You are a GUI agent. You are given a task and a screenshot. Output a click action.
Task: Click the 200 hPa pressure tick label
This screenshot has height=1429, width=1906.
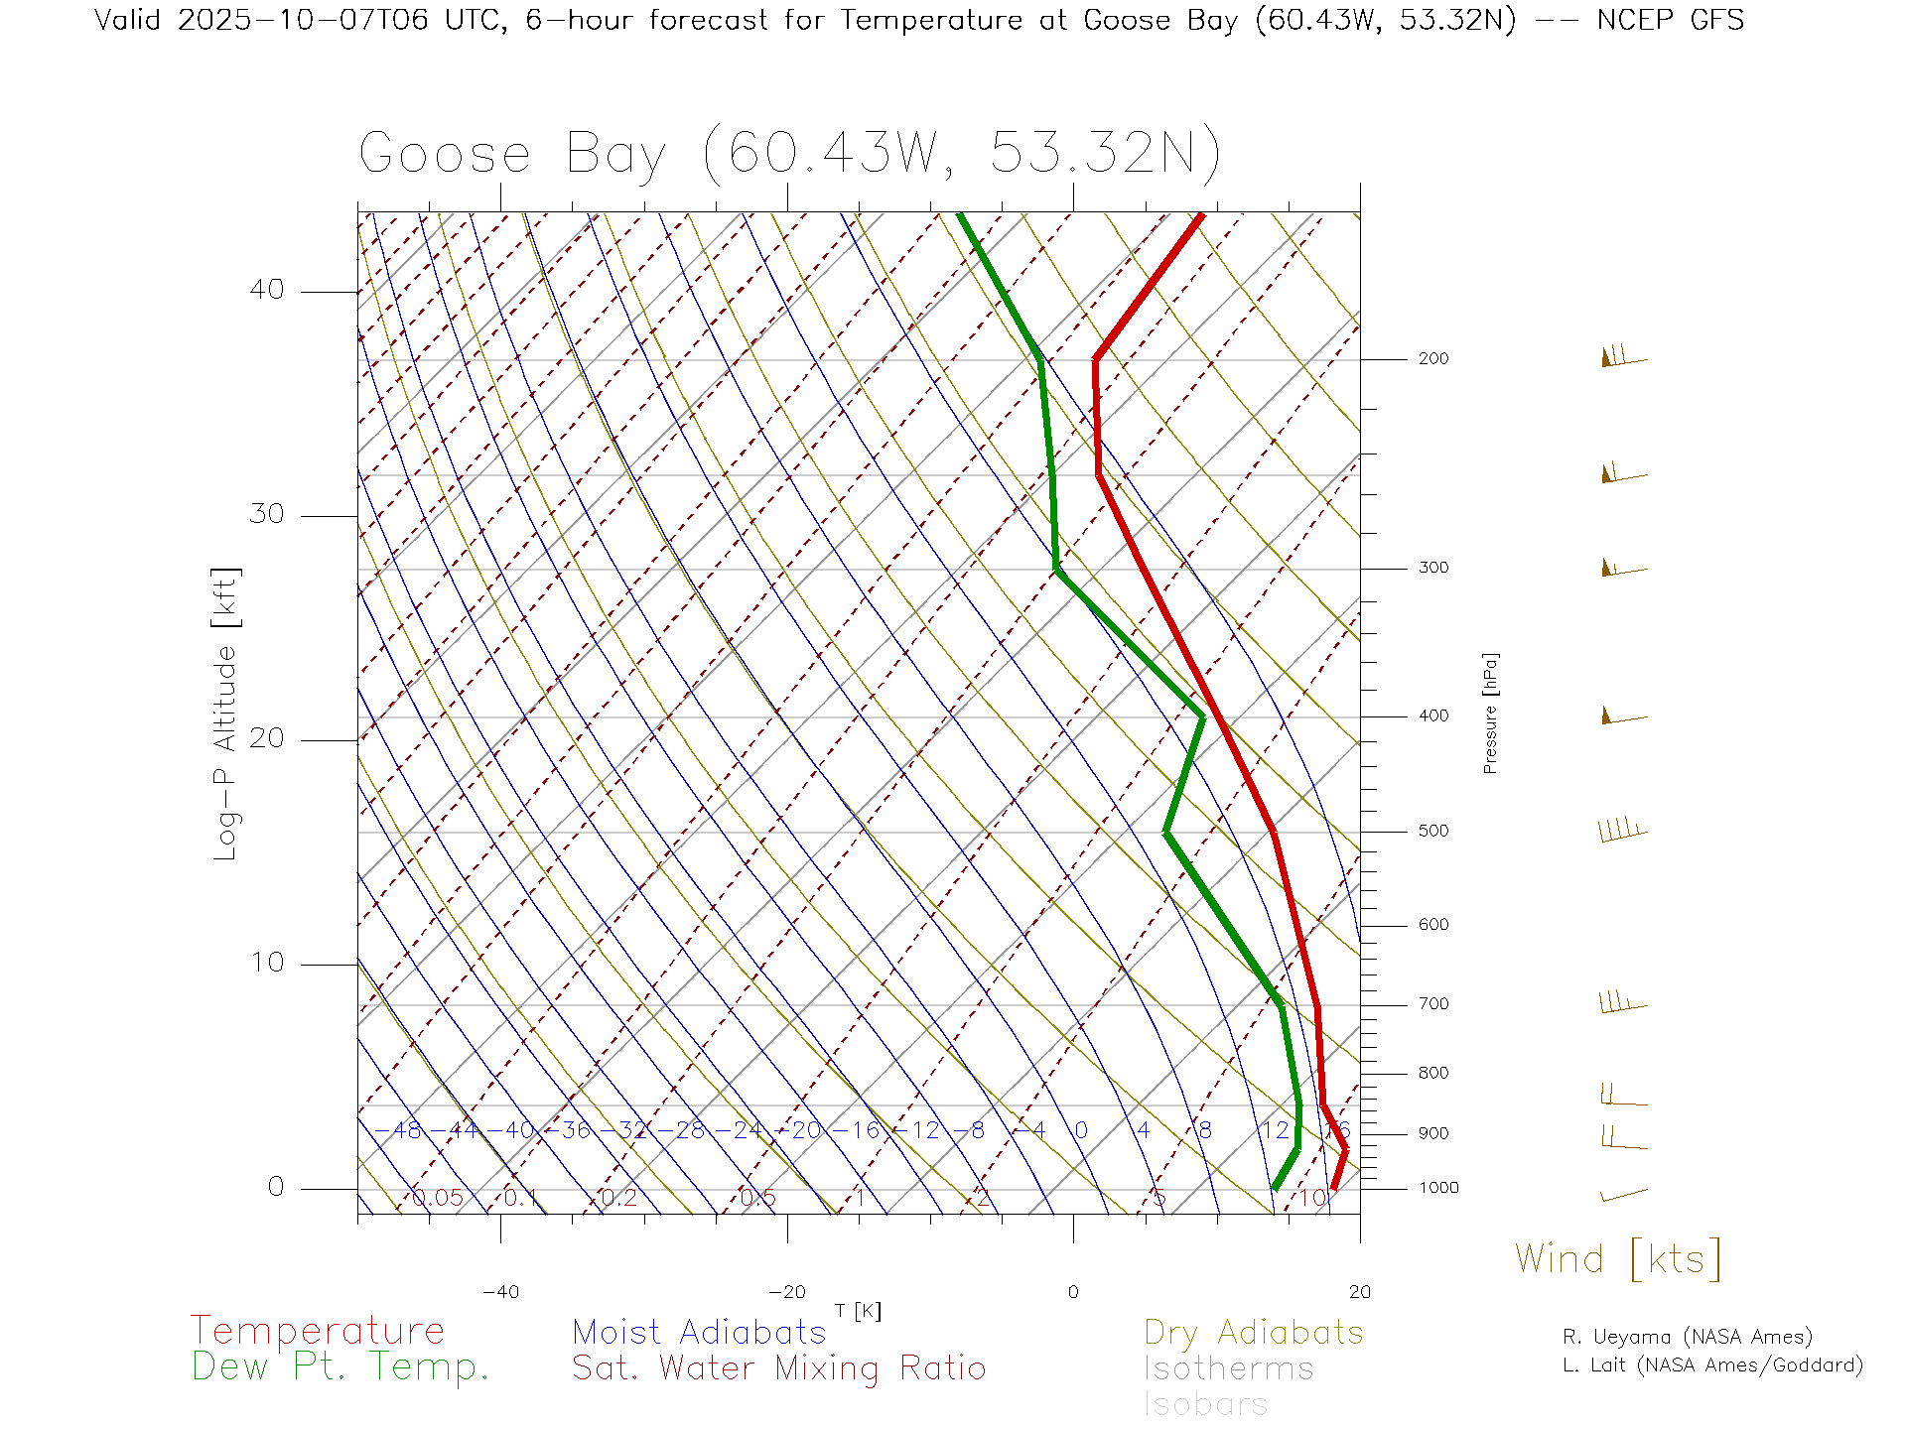coord(1432,358)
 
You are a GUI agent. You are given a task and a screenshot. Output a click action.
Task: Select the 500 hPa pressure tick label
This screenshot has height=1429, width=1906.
coord(1432,831)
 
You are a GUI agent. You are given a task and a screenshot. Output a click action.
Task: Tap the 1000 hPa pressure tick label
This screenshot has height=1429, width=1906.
coord(1437,1188)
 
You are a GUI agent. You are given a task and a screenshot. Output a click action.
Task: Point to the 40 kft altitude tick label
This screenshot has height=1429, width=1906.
coord(266,290)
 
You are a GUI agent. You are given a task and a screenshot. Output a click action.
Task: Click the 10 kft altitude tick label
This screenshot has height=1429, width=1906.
coord(266,963)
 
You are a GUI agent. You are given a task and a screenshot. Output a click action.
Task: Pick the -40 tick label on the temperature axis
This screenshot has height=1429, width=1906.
coord(500,1292)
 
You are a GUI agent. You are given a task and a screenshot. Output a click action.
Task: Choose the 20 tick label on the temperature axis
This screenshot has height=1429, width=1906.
coord(1359,1292)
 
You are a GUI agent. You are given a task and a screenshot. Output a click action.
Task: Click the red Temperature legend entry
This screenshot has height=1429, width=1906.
coord(317,1331)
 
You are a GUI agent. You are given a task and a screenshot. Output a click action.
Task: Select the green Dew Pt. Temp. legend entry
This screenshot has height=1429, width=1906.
coord(340,1367)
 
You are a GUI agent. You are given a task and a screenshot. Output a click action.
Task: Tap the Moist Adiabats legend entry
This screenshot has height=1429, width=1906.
coord(699,1332)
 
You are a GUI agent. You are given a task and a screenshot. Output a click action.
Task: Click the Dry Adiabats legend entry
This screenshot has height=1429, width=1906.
coord(1253,1332)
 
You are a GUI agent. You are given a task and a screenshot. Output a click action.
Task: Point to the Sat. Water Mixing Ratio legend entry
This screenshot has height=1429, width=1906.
coord(778,1368)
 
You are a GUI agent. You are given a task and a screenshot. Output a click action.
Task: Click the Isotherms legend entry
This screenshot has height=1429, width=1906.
coord(1228,1368)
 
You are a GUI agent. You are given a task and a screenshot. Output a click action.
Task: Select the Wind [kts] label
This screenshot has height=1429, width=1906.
coord(1617,1259)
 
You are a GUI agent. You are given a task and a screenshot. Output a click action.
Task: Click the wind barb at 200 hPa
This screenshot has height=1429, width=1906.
coord(1622,357)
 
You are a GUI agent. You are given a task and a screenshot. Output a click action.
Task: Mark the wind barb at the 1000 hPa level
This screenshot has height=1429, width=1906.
coord(1623,1195)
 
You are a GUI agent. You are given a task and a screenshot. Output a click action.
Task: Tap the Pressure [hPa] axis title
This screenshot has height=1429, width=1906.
coord(1490,713)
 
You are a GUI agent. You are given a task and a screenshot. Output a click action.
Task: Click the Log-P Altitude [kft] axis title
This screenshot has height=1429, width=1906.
coord(226,714)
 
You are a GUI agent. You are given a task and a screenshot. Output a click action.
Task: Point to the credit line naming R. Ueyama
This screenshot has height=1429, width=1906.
coord(1687,1337)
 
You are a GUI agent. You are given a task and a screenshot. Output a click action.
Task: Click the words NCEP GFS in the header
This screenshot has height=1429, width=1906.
coord(1670,20)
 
